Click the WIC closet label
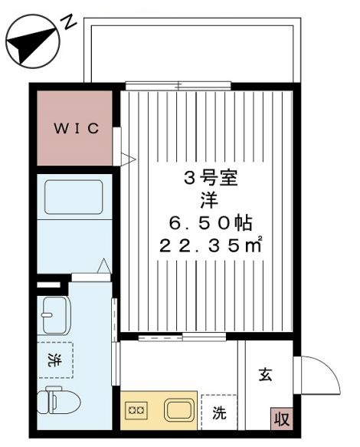tap(77, 128)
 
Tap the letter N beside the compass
tap(68, 22)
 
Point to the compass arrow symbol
tap(32, 41)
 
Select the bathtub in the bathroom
tap(74, 197)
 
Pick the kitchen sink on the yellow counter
tap(179, 410)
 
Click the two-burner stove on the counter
tap(136, 410)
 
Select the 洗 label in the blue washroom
tap(54, 360)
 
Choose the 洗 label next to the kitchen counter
tap(219, 412)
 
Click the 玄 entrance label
tap(266, 375)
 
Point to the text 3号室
tap(211, 179)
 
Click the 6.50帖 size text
tap(211, 223)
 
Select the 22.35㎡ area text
tap(211, 245)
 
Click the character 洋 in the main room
tap(209, 201)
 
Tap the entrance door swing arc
tap(330, 368)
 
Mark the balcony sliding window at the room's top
tap(178, 86)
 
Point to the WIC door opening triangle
tap(128, 159)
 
